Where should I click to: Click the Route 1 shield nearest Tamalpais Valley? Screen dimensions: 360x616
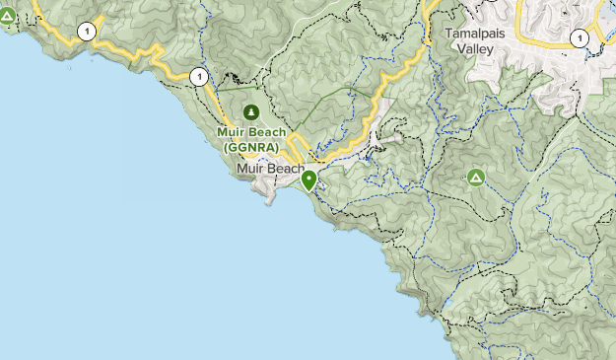[581, 38]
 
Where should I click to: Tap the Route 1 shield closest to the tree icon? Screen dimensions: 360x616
[199, 76]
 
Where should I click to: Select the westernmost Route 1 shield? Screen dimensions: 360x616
[89, 32]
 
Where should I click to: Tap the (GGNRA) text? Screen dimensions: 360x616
[251, 146]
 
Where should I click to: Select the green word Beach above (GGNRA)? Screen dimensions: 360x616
[268, 131]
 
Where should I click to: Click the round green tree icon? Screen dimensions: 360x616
[251, 112]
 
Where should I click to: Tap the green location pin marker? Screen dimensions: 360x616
[309, 180]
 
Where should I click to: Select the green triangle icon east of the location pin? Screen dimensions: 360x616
[475, 178]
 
